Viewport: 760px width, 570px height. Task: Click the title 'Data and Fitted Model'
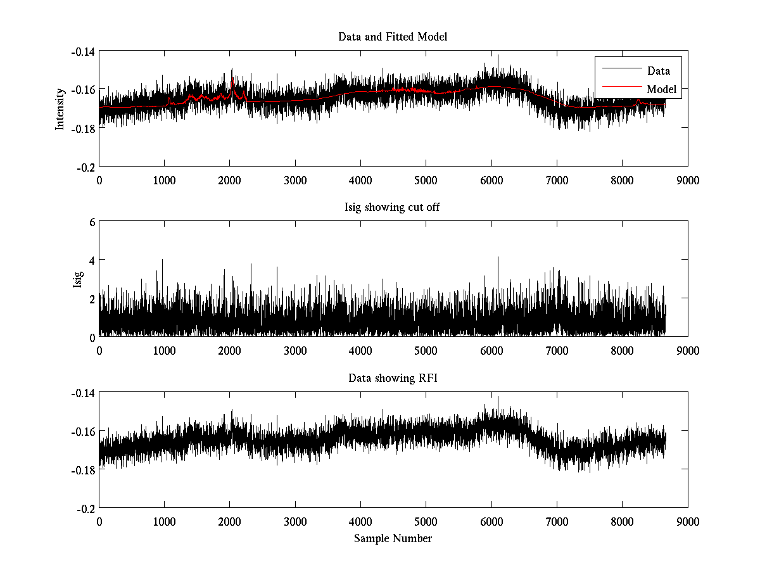393,37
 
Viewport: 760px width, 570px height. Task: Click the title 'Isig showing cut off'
393,207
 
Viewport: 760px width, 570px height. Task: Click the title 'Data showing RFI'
393,378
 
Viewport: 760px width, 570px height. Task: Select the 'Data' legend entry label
658,71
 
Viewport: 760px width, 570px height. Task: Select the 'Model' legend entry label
661,89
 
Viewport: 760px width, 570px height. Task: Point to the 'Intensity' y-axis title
60,108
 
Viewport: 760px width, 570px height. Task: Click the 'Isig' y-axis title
78,279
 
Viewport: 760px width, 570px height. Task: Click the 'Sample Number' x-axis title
393,538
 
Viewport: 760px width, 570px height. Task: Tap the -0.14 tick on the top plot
83,51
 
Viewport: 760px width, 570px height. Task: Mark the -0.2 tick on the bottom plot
85,508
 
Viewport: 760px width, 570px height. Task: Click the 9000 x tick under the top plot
687,180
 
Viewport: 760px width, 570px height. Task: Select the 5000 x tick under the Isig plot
426,350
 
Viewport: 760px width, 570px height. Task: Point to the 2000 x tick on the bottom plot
229,521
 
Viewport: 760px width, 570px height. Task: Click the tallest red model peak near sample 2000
232,79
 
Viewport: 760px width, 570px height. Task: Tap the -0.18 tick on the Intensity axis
83,128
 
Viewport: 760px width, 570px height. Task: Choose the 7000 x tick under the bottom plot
557,521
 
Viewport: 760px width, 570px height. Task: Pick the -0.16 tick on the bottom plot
83,431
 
